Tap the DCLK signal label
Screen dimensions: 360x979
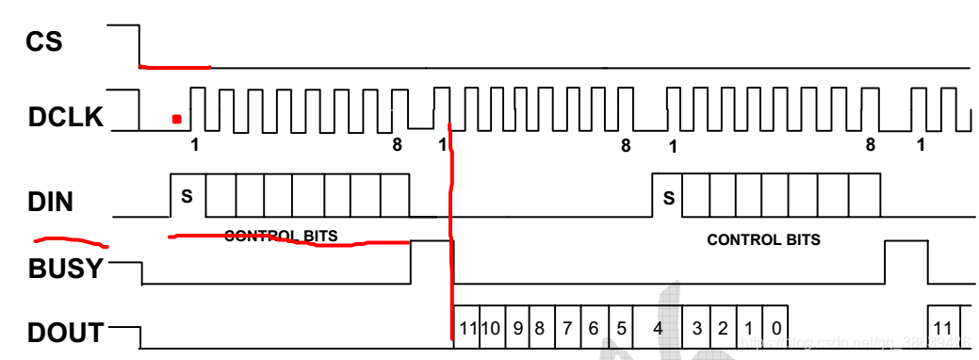click(x=66, y=119)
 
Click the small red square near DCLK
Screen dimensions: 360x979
click(x=176, y=119)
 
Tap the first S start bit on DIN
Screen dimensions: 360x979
click(x=187, y=197)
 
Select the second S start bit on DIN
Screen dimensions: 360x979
click(x=669, y=198)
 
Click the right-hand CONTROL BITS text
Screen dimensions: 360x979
click(x=763, y=239)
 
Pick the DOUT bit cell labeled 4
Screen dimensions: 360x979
click(x=658, y=329)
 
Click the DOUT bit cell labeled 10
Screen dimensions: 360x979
click(x=491, y=329)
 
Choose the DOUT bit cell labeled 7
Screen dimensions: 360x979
click(x=568, y=329)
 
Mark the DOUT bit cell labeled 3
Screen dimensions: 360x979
click(x=696, y=329)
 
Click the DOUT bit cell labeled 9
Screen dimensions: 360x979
click(x=517, y=329)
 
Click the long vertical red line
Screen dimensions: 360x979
click(x=451, y=236)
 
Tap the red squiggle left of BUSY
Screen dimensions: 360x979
click(x=71, y=239)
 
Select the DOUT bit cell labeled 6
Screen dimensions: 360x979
click(x=594, y=329)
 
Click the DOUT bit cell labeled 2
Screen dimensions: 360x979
click(x=723, y=329)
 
